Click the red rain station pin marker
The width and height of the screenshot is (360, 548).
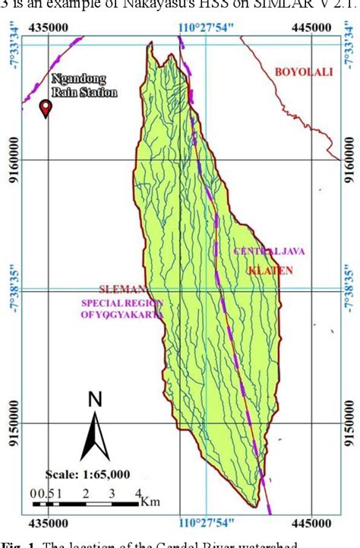pos(46,109)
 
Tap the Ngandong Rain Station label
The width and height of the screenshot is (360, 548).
pos(84,86)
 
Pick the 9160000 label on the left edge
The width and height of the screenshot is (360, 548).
pos(13,160)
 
